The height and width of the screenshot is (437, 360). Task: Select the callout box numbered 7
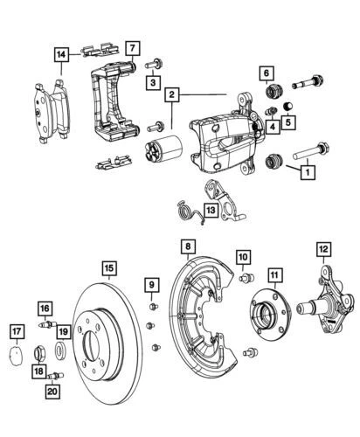pos(130,48)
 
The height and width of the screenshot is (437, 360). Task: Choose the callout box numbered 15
pos(107,269)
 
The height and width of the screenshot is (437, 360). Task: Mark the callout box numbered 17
pos(17,330)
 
